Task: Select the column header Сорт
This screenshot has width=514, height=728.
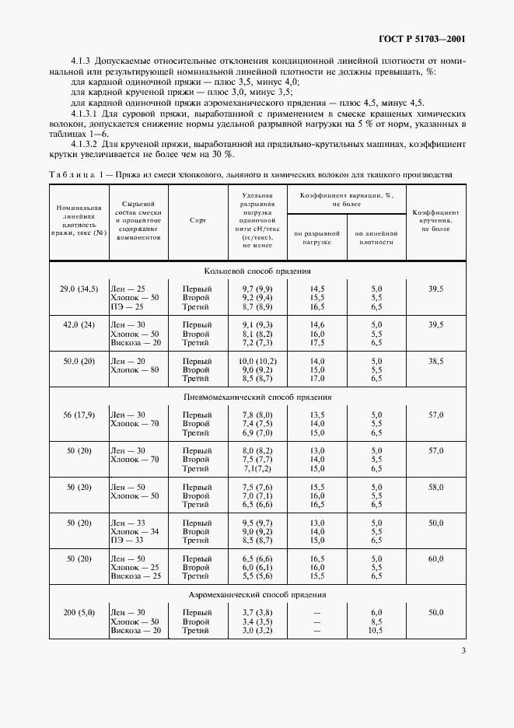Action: [197, 220]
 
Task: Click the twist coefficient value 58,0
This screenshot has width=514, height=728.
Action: [435, 486]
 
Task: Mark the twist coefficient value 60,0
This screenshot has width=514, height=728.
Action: [435, 558]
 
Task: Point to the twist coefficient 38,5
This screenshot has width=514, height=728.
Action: [435, 361]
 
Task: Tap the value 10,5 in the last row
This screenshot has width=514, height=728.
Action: [376, 631]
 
